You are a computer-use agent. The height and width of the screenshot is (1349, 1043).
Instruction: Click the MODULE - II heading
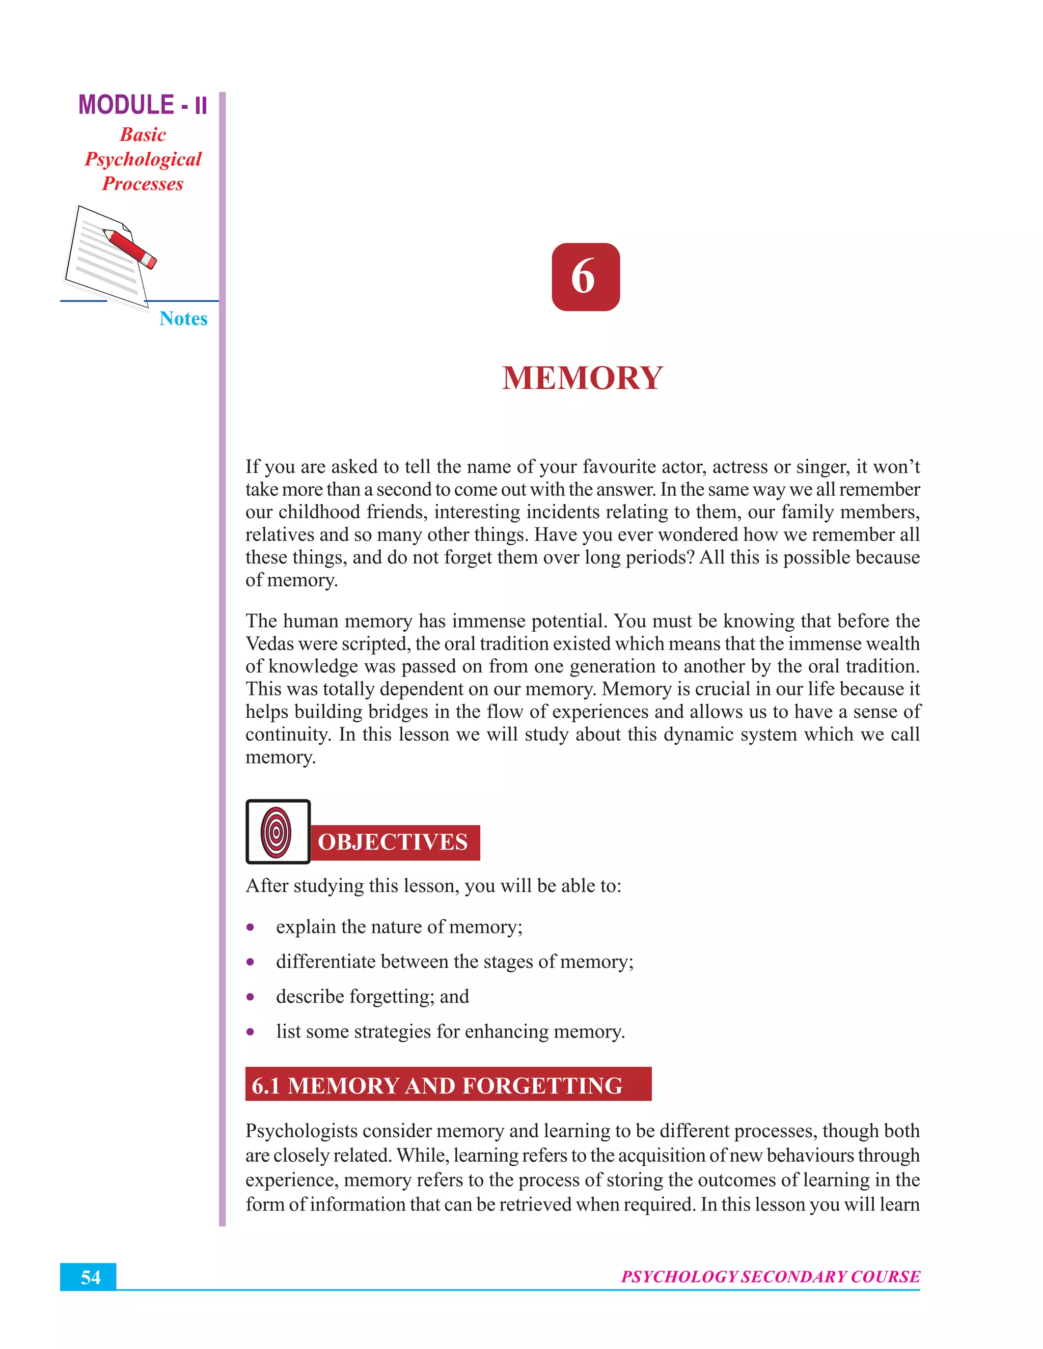pyautogui.click(x=143, y=105)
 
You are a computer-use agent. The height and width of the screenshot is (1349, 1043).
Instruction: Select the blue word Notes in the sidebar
pyautogui.click(x=183, y=319)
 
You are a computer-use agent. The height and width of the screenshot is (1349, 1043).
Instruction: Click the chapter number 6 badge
pyautogui.click(x=585, y=277)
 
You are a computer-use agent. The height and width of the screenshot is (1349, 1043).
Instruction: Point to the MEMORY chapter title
pyautogui.click(x=583, y=378)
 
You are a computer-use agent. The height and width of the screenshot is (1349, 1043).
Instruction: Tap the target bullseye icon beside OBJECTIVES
pyautogui.click(x=277, y=831)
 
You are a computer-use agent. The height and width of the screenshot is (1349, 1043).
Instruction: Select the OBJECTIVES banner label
pyautogui.click(x=393, y=842)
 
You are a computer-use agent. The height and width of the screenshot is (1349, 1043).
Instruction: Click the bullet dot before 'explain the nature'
pyautogui.click(x=250, y=927)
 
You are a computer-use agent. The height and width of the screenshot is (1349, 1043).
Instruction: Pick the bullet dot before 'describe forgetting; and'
pyautogui.click(x=250, y=997)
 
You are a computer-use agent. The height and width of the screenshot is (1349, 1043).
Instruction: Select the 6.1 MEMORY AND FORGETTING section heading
pyautogui.click(x=437, y=1086)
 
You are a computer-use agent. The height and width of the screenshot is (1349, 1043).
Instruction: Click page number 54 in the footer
pyautogui.click(x=90, y=1277)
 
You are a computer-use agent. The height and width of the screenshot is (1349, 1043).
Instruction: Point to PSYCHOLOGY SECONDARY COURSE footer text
pyautogui.click(x=770, y=1277)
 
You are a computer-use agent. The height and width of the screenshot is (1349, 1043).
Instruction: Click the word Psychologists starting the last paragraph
pyautogui.click(x=301, y=1131)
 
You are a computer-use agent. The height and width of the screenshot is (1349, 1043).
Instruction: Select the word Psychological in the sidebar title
pyautogui.click(x=143, y=159)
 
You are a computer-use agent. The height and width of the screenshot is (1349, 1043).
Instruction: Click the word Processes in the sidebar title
pyautogui.click(x=143, y=184)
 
